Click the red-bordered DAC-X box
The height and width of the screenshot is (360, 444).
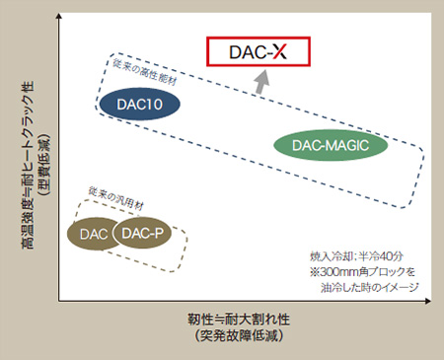[259, 51]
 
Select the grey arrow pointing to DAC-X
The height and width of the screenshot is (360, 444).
[259, 84]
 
